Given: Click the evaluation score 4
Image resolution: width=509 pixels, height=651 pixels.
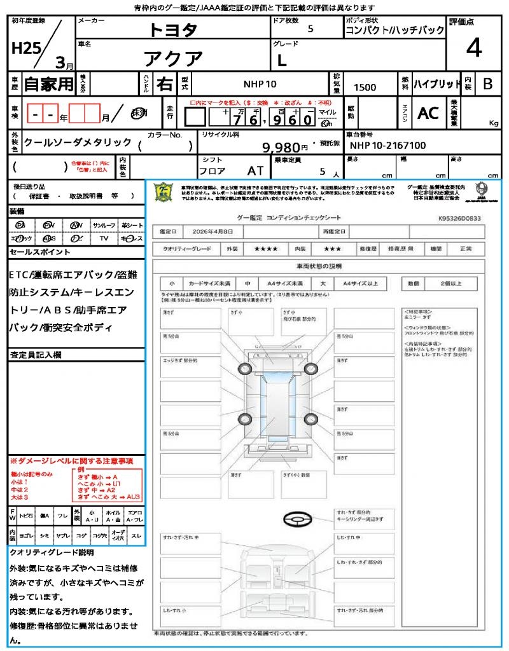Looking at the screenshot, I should [473, 48].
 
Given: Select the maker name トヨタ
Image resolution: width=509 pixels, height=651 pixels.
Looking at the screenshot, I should [173, 30].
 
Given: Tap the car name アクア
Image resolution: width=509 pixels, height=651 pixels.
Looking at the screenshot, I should [172, 58].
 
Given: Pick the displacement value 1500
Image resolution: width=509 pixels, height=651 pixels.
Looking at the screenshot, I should [365, 87].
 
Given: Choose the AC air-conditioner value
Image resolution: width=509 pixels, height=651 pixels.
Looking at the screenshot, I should [428, 113].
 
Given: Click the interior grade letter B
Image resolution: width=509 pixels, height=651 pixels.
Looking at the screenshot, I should [487, 84].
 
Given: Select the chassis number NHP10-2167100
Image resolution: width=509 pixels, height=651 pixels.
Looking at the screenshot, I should [387, 146].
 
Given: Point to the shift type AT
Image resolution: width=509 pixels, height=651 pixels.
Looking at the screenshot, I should [255, 171].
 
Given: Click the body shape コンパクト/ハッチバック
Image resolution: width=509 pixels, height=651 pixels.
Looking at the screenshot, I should [394, 31].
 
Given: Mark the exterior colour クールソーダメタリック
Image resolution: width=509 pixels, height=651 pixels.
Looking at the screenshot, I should [78, 142].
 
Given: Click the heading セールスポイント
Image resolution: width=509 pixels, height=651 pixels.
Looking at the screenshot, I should [40, 252].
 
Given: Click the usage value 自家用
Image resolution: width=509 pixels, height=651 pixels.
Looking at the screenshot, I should [49, 84].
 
